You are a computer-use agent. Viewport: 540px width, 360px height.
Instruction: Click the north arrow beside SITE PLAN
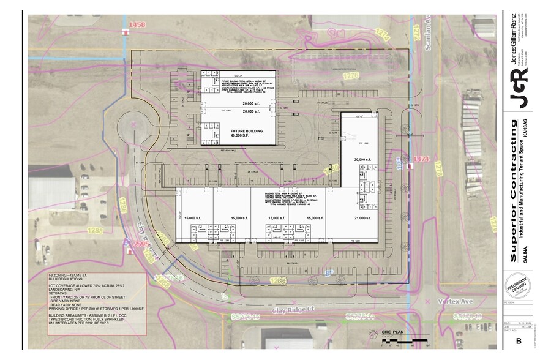(x=372, y=334)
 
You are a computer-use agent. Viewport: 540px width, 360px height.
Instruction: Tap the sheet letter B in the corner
(x=519, y=341)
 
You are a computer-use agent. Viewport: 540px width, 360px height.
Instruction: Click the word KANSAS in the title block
(x=525, y=132)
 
